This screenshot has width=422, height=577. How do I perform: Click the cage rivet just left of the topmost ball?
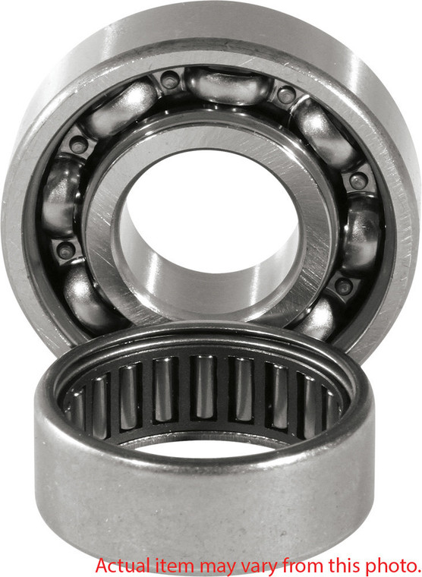point(170,79)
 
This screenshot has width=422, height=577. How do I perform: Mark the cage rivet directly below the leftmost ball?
point(65,250)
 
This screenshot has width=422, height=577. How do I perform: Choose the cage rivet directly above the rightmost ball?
point(359,181)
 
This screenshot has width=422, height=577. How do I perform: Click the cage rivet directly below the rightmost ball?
point(345,287)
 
